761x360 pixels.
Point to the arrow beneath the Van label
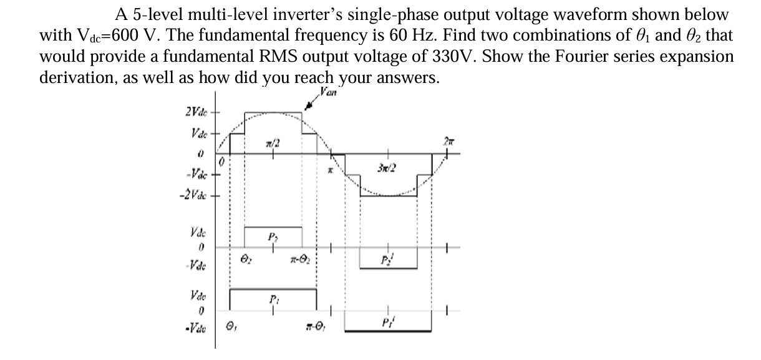coord(309,106)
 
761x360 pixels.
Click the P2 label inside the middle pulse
coord(273,235)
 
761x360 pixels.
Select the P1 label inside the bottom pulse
coord(273,296)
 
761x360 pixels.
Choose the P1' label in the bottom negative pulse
coord(387,323)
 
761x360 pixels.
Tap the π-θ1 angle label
coord(315,325)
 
